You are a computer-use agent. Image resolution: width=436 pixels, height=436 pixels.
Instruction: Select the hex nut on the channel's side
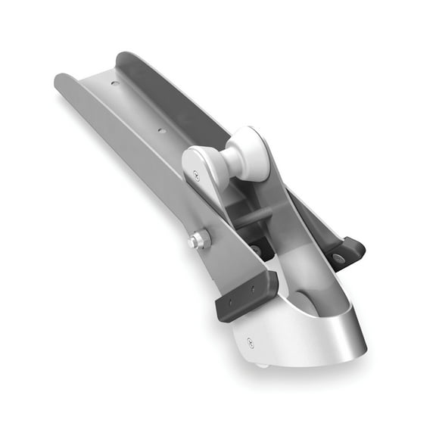tap(199, 241)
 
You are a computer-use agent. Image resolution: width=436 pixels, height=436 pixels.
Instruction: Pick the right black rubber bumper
tap(345, 253)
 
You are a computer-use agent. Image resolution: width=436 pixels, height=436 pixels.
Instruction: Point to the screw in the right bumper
tap(338, 258)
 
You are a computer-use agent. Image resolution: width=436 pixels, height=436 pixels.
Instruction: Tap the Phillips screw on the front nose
tap(249, 343)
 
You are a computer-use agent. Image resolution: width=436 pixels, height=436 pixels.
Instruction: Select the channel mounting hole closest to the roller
tap(161, 130)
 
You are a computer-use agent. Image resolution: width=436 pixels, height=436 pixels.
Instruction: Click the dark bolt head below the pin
tap(257, 248)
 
